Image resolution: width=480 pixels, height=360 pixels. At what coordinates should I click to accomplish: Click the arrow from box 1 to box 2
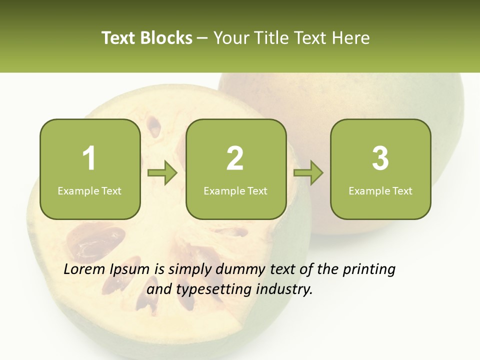(x=163, y=173)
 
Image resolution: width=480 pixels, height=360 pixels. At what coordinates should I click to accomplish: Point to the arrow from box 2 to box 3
(x=308, y=173)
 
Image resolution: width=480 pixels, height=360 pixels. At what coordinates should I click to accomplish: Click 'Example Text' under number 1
(x=89, y=190)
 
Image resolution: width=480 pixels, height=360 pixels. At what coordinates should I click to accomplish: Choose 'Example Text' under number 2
(x=235, y=190)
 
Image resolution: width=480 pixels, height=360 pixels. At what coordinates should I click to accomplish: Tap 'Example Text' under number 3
(x=380, y=190)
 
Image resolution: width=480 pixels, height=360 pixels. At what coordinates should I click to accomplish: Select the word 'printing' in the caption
(x=368, y=270)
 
